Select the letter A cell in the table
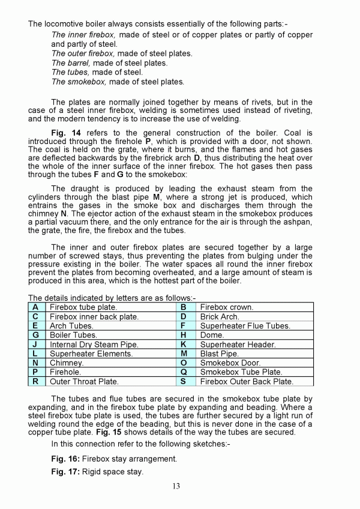click(x=36, y=307)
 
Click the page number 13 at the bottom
click(x=175, y=486)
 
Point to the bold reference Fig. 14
click(x=67, y=133)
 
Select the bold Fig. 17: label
click(x=65, y=472)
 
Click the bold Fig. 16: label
click(x=65, y=459)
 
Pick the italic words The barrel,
click(x=71, y=63)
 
